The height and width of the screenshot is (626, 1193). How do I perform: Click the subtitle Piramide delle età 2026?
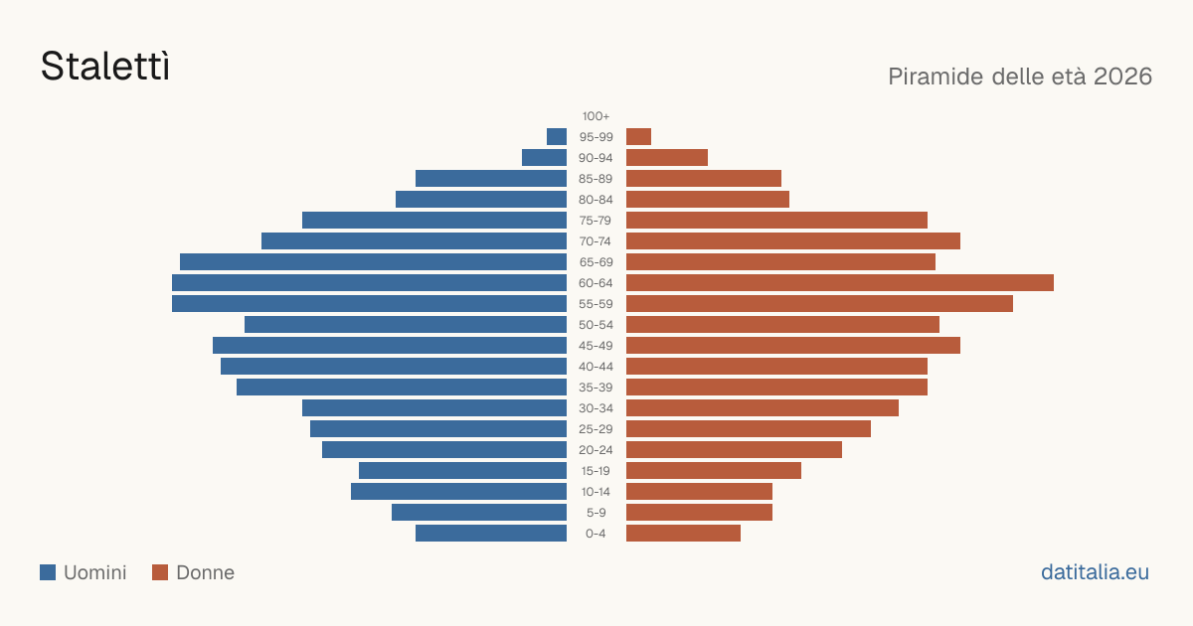[1020, 77]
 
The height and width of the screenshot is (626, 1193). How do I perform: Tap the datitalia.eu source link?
[1095, 572]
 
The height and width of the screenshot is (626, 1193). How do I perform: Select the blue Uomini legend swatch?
[48, 572]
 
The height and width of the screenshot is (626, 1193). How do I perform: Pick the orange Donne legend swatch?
[160, 572]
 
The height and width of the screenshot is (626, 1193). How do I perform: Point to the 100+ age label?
[596, 116]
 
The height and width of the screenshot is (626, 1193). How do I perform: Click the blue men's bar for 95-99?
[557, 137]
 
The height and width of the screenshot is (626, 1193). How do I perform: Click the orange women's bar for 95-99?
[638, 137]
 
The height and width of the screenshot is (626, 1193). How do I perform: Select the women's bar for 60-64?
[840, 282]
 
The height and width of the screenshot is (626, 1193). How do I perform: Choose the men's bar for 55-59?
[369, 303]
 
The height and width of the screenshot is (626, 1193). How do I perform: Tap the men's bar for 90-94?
[545, 158]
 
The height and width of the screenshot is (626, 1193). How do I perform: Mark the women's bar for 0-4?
[683, 534]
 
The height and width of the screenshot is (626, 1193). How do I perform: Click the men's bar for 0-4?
[491, 534]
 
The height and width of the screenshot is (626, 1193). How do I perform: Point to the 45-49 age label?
[596, 346]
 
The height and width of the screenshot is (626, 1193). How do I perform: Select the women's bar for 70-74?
[793, 241]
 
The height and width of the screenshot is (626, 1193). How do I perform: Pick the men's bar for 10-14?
[458, 491]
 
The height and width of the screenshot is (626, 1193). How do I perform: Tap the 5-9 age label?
[596, 513]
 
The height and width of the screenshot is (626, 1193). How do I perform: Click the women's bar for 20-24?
[734, 450]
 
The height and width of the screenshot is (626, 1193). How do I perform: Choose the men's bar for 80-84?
[481, 200]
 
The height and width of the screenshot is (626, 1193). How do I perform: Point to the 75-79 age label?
[596, 221]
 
